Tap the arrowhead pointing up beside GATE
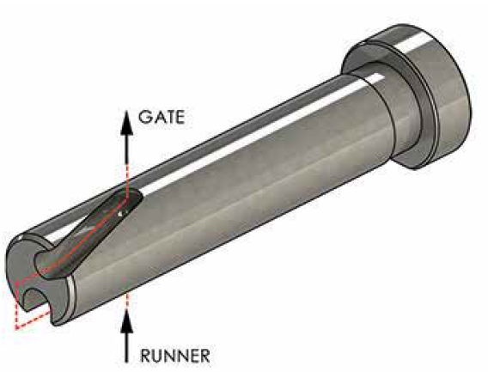point(126,121)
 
